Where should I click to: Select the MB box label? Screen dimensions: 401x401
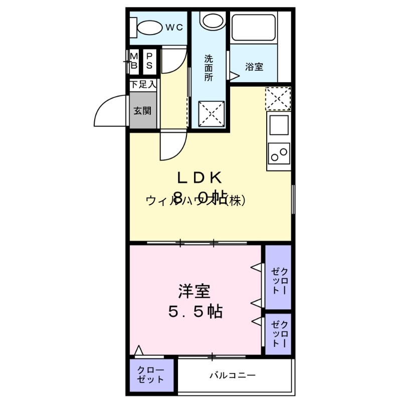[134, 60]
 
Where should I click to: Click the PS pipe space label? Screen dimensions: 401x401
[149, 60]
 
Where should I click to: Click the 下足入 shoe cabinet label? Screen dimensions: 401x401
[143, 85]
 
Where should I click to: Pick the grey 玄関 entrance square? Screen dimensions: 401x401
[143, 111]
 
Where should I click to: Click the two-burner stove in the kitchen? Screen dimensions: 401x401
[279, 152]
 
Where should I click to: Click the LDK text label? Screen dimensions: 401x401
[198, 177]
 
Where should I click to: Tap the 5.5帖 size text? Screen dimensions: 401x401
[195, 312]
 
